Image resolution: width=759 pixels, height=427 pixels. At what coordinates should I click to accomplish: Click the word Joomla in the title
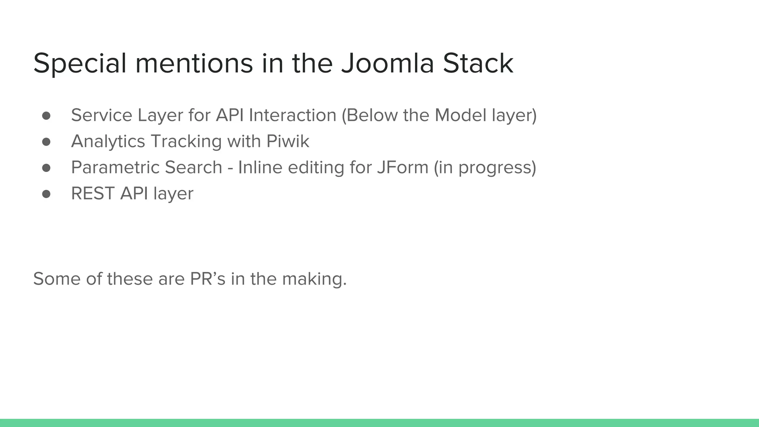click(387, 63)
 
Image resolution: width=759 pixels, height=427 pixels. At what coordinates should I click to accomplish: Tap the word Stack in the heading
click(478, 63)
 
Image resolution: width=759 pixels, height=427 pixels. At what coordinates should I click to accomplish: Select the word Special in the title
click(80, 63)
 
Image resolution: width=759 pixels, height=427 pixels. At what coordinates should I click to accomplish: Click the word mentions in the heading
click(194, 63)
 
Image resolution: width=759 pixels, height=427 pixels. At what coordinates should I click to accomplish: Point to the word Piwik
click(288, 141)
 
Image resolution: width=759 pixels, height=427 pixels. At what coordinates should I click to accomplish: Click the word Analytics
click(108, 141)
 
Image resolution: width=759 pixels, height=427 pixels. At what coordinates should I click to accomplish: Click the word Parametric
click(115, 167)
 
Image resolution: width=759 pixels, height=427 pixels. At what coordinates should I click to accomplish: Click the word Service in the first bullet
click(102, 115)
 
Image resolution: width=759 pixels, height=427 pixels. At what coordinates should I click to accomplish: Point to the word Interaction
click(292, 115)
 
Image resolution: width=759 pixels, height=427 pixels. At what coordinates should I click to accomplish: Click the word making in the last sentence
click(314, 279)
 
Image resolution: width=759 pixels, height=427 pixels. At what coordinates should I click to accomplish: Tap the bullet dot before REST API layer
click(46, 194)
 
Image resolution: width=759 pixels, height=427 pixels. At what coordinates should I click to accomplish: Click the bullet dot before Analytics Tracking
click(46, 142)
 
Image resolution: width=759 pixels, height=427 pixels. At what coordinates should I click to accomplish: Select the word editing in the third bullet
click(316, 167)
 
